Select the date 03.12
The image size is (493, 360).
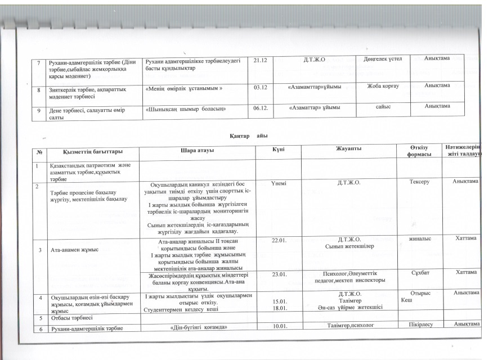(261, 87)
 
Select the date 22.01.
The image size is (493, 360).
(280, 240)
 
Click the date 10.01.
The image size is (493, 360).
(280, 326)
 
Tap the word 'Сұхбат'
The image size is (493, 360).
(423, 273)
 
